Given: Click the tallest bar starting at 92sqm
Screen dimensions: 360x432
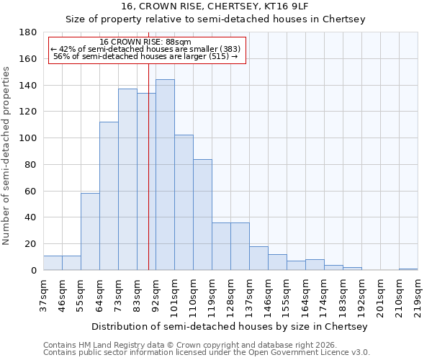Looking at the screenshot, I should (165, 175).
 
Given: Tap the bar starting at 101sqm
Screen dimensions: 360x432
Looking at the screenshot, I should (184, 202).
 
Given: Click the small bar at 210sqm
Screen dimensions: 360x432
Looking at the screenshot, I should (408, 269).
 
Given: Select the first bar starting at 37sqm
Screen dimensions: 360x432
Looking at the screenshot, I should (53, 263).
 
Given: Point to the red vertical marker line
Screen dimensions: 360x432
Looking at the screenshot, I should (148, 180).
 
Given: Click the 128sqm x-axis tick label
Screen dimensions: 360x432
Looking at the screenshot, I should (230, 294).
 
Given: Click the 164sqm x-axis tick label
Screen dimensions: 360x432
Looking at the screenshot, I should (305, 294).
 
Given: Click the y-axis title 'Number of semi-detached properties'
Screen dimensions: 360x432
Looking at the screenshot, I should (6, 156).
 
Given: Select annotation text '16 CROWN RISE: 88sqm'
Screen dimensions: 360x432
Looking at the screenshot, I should (145, 42).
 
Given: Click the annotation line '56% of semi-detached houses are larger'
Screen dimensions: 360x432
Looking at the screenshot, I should (145, 56).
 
